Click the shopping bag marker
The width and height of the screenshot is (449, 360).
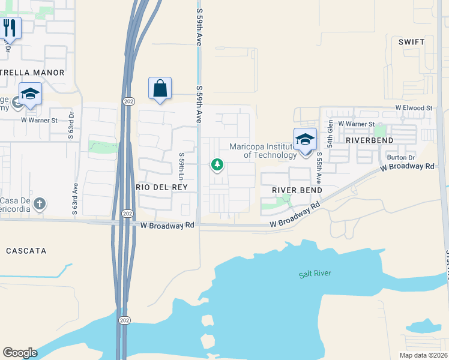click(160, 89)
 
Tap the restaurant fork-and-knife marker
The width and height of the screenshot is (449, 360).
click(10, 28)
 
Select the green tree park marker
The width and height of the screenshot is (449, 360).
click(217, 164)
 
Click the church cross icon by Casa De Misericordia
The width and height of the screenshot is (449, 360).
click(40, 203)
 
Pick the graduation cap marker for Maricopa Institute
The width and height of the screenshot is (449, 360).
click(305, 140)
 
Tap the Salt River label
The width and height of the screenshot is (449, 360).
click(315, 274)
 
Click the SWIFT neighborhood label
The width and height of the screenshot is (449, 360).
click(411, 42)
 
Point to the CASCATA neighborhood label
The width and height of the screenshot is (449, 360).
click(26, 250)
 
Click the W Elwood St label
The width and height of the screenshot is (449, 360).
click(414, 108)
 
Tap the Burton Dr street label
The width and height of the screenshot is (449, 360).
click(401, 157)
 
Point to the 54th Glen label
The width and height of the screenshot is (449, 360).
click(330, 133)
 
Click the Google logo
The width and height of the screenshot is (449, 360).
click(20, 353)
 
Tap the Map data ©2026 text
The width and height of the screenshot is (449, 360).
click(423, 355)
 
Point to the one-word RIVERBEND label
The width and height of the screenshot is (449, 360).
click(369, 140)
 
